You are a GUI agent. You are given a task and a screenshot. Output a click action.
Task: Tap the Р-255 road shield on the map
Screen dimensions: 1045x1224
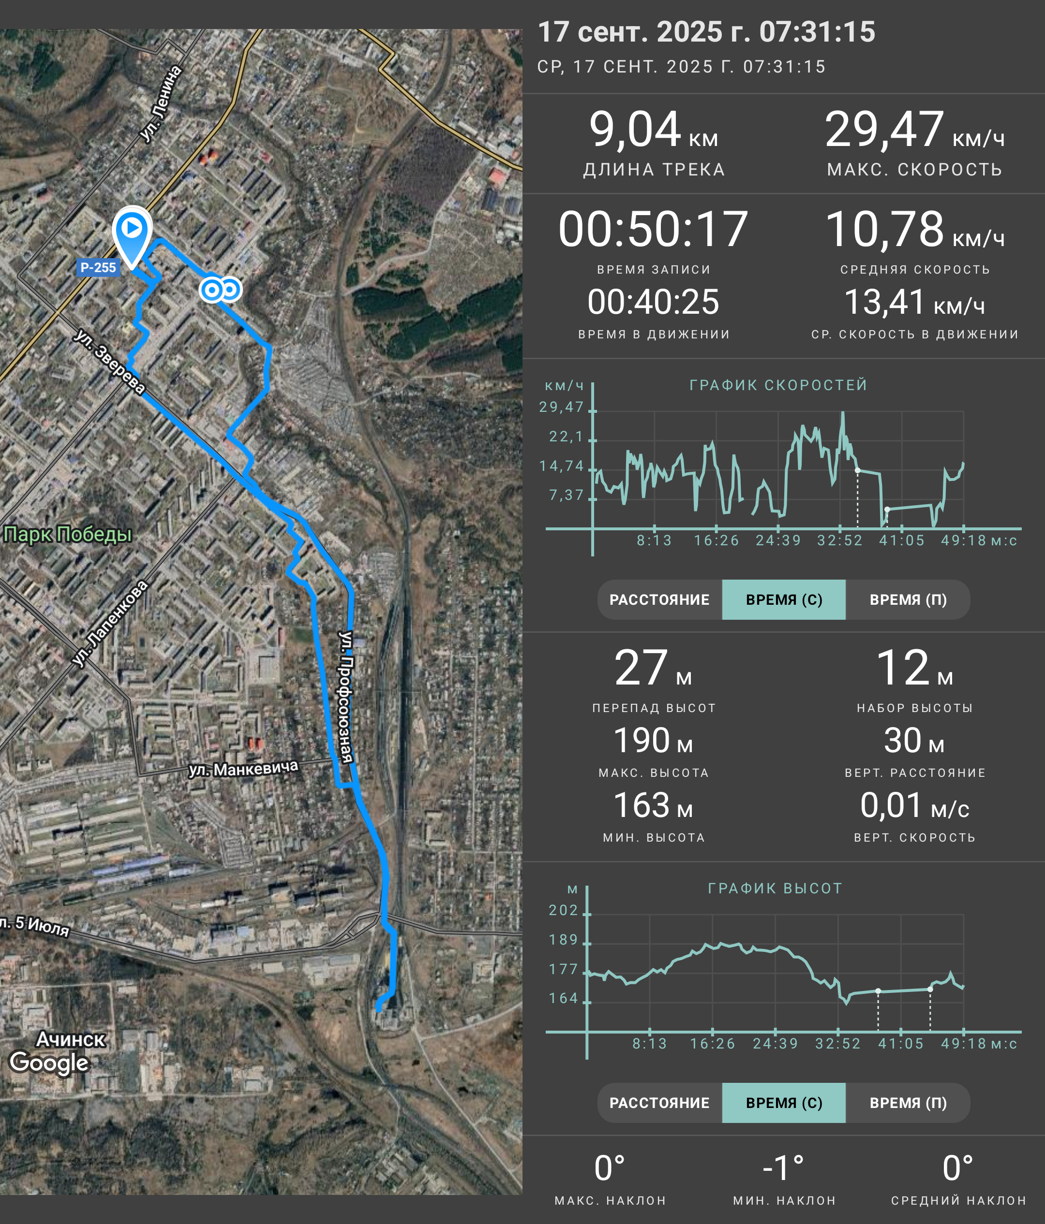(x=98, y=268)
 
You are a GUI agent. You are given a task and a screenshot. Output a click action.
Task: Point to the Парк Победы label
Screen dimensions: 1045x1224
(x=67, y=534)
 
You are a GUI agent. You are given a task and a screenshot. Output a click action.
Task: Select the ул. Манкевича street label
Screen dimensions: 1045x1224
(x=243, y=769)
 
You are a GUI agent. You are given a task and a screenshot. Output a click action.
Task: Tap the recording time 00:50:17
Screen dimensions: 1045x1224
(x=653, y=229)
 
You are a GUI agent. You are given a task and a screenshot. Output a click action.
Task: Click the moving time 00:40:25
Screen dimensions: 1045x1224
(x=653, y=302)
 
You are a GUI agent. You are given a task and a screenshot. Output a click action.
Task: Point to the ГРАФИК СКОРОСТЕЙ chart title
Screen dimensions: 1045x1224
(x=778, y=385)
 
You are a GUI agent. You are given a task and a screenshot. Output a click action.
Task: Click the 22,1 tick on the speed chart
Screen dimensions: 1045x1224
(x=566, y=437)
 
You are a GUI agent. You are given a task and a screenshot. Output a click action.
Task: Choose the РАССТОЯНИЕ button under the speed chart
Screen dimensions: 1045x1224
(x=659, y=599)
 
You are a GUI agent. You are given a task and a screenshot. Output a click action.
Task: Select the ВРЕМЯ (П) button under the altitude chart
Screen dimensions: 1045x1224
(x=908, y=1103)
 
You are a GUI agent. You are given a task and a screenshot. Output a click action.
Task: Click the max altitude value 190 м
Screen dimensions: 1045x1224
(x=653, y=741)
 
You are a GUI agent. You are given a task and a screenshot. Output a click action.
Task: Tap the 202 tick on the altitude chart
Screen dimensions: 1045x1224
(x=563, y=910)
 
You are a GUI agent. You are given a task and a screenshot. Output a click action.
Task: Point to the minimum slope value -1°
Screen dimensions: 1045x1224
(x=783, y=1168)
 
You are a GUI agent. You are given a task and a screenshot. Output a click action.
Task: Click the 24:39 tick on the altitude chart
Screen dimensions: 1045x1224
(x=776, y=1044)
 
